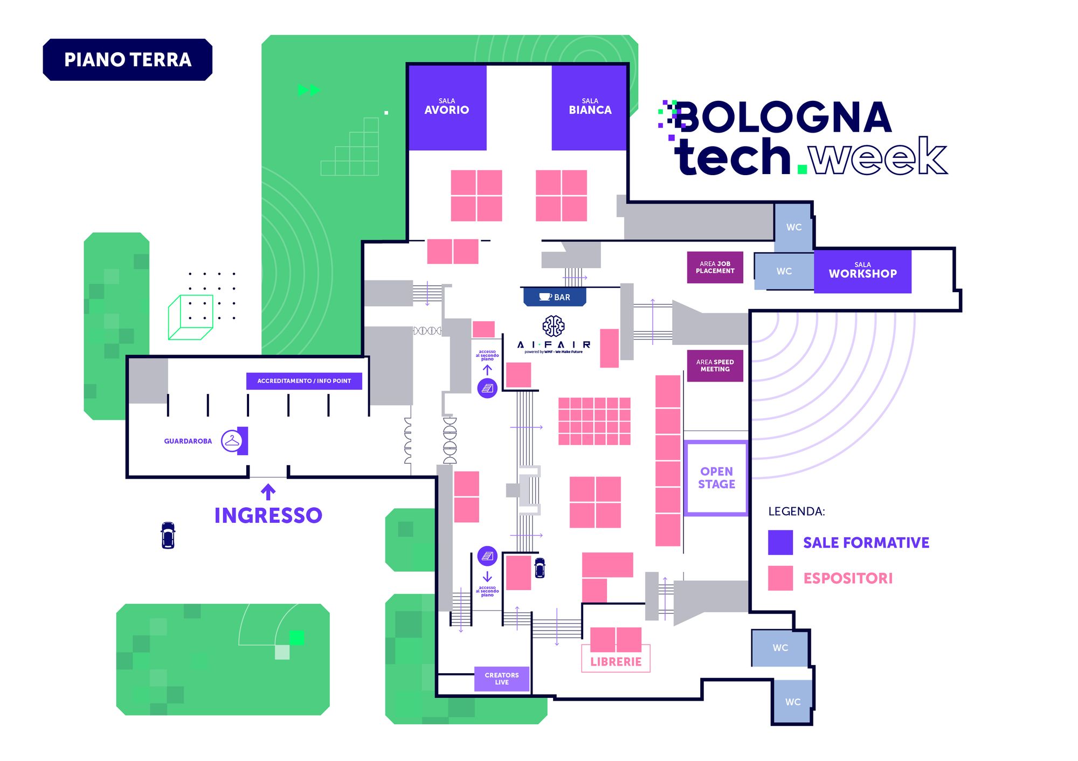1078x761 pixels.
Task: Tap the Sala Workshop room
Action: (x=862, y=271)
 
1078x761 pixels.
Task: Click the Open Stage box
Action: (x=716, y=478)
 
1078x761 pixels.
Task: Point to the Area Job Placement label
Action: (x=715, y=267)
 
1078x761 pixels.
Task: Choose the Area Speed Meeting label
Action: (x=715, y=365)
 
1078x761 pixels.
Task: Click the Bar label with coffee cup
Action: (x=555, y=297)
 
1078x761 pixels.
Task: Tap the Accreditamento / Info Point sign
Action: (x=304, y=381)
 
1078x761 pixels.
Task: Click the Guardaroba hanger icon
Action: (x=232, y=441)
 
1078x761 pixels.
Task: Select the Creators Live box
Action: (x=501, y=679)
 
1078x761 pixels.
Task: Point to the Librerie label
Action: (x=616, y=662)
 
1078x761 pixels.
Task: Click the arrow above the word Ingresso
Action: (x=268, y=492)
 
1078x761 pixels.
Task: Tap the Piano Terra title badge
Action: (x=128, y=60)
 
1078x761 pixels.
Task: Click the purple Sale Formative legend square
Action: (x=780, y=542)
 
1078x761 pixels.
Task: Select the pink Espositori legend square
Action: (x=780, y=578)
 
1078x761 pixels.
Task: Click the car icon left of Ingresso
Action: (x=168, y=535)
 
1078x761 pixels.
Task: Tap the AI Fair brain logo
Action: (x=553, y=326)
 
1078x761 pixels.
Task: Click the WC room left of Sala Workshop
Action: (x=784, y=271)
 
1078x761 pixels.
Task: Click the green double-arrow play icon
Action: (x=309, y=90)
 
